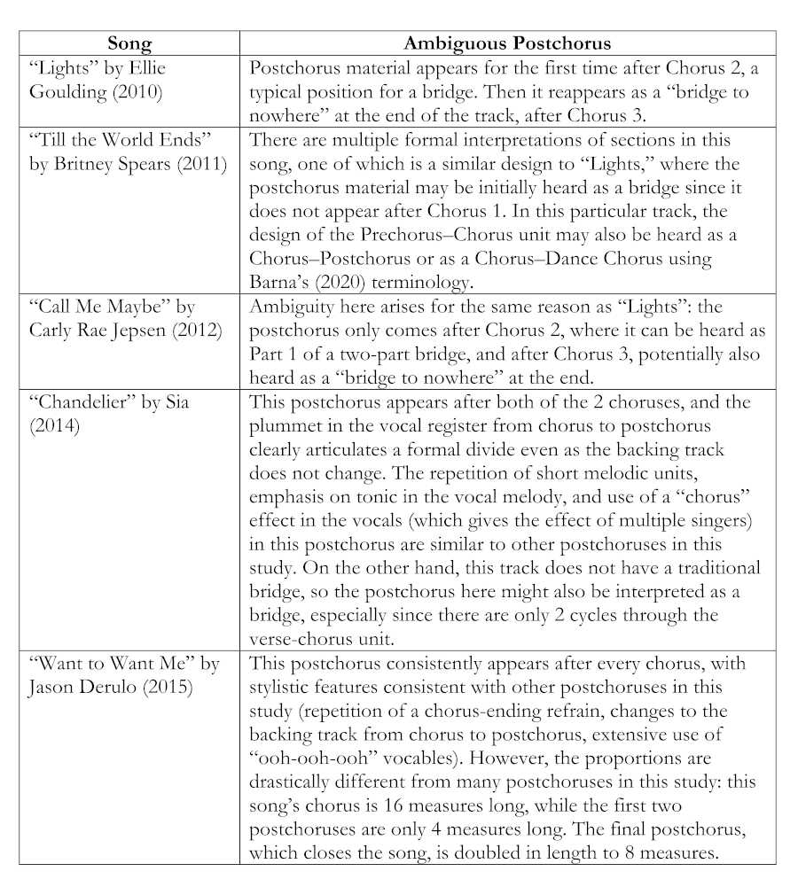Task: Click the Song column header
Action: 129,43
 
